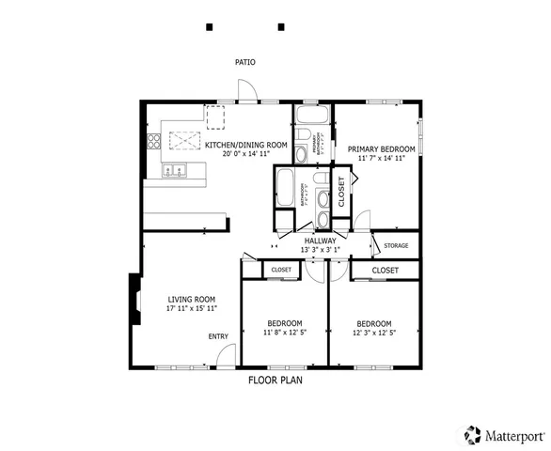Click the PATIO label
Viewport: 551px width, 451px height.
coord(244,63)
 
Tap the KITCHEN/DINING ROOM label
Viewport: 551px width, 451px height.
coord(246,145)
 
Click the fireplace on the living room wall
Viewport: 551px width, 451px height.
coord(135,298)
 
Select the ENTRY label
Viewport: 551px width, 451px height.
coord(217,336)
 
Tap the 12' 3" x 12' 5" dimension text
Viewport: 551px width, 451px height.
coord(373,332)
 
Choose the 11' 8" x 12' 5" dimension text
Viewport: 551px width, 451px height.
coord(283,332)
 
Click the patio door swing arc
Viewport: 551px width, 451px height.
coord(246,88)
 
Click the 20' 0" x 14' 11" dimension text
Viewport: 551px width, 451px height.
coord(246,154)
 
